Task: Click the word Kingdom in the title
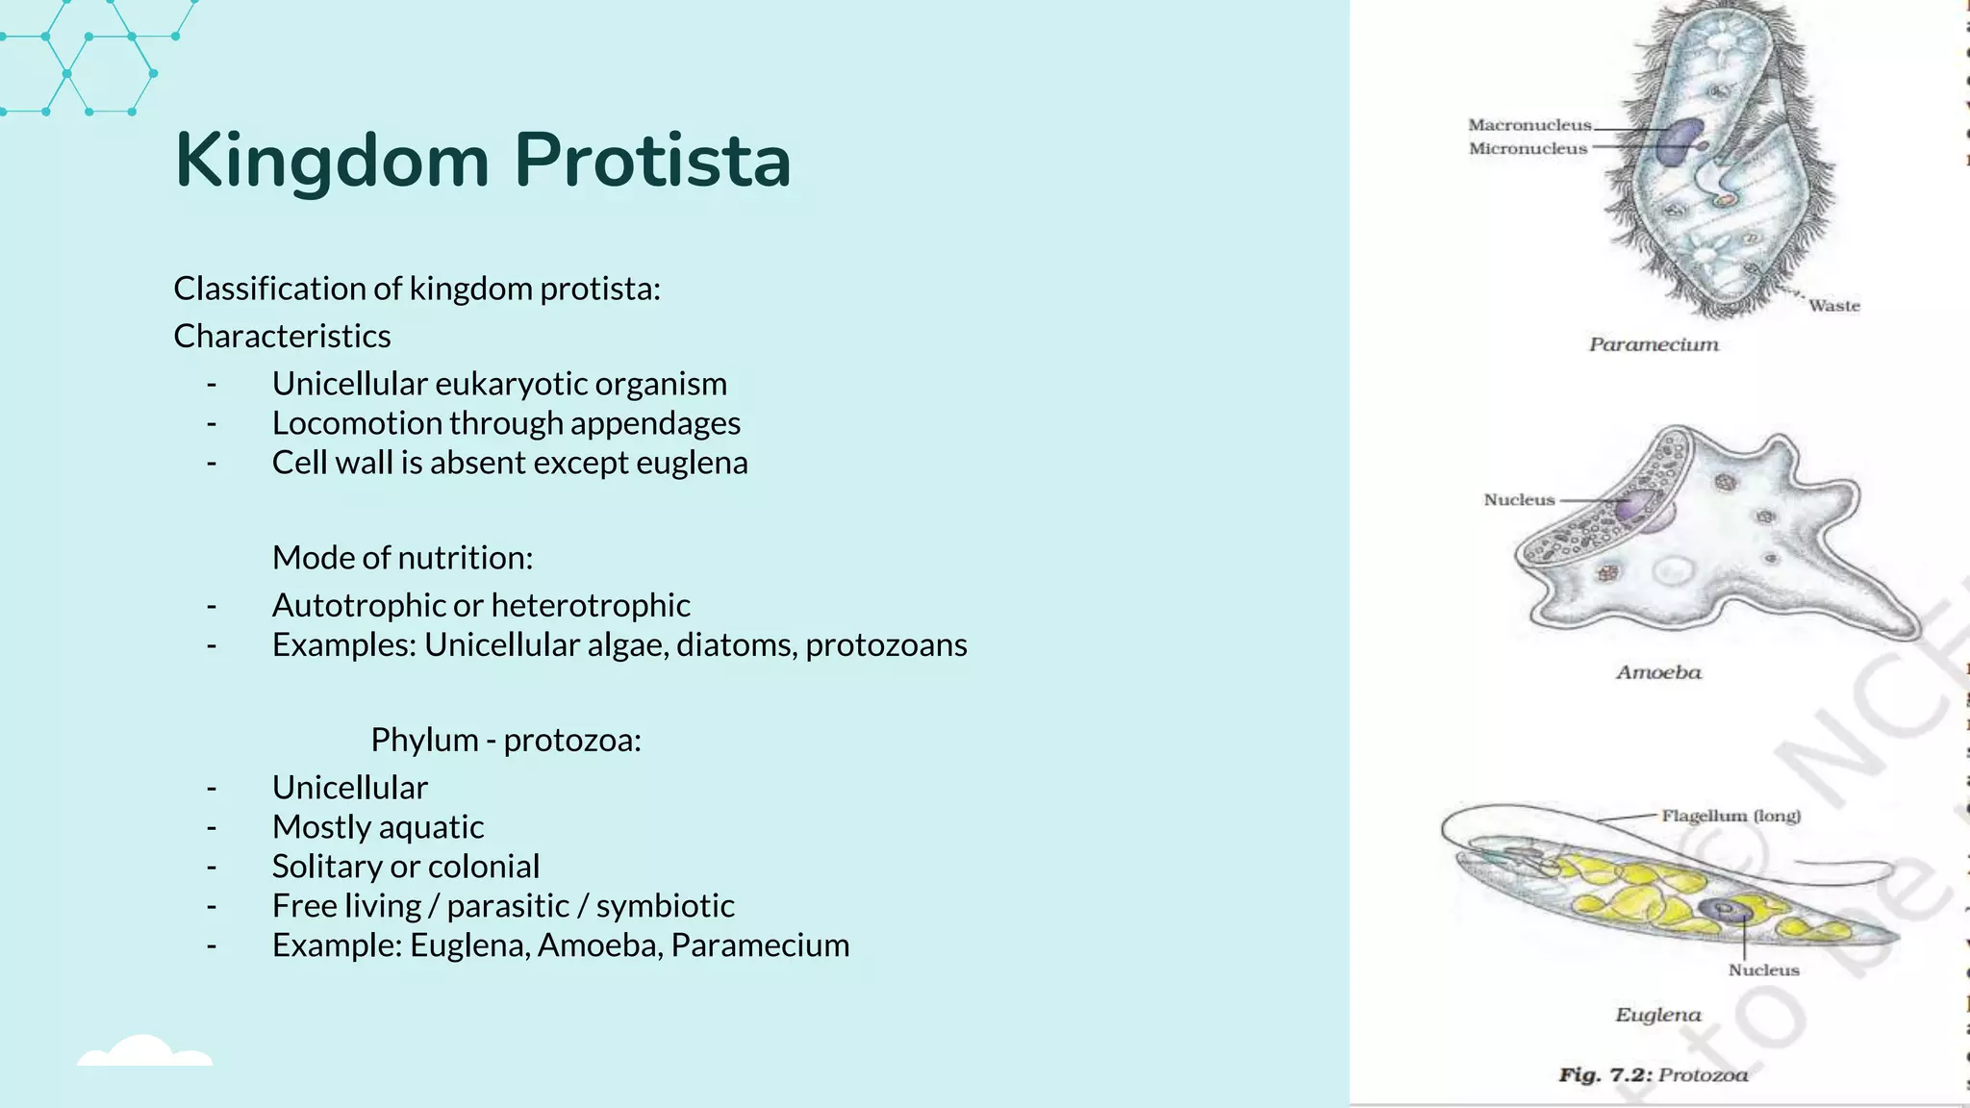[x=332, y=162]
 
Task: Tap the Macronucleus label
[x=1529, y=125]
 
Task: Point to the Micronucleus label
[x=1528, y=149]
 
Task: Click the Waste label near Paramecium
[x=1833, y=306]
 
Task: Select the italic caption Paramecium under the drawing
[x=1653, y=344]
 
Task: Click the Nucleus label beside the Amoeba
[x=1519, y=500]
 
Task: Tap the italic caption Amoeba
[x=1658, y=672]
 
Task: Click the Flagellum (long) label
[x=1730, y=816]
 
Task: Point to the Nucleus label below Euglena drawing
[x=1763, y=970]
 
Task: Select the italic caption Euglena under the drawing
[x=1657, y=1015]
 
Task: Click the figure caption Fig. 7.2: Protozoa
[x=1653, y=1075]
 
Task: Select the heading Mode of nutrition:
[x=402, y=558]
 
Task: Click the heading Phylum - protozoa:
[x=506, y=740]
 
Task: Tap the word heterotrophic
[x=591, y=605]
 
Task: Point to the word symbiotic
[x=665, y=906]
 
